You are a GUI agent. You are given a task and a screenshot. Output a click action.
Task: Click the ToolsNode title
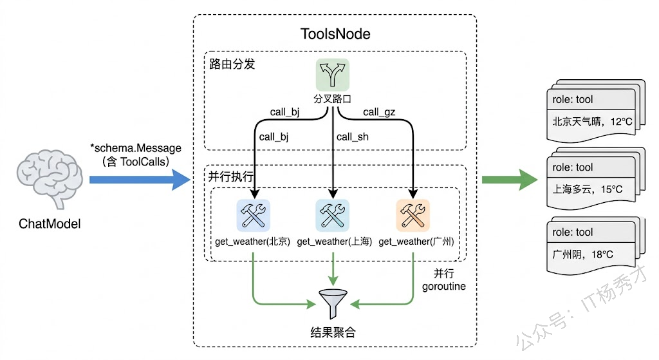[335, 33]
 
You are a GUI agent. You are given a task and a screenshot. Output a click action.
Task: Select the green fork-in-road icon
[332, 75]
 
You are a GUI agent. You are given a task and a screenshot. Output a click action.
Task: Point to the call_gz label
[379, 112]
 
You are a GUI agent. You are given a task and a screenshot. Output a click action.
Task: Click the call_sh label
[353, 137]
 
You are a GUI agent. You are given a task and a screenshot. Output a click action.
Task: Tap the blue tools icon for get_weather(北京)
[253, 215]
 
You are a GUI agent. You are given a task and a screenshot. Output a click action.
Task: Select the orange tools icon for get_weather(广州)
[413, 215]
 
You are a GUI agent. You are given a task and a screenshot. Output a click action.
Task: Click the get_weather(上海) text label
[335, 242]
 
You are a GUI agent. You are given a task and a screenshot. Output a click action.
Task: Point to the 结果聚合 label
[333, 333]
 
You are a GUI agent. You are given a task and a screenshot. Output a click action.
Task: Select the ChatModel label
[50, 224]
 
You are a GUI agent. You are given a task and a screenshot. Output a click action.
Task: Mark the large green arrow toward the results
[509, 180]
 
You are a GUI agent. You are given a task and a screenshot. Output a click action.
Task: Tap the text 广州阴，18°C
[583, 254]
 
